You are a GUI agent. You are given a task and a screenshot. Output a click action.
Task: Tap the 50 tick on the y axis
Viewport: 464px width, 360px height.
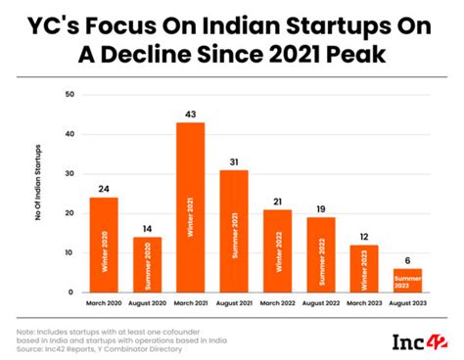[68, 95]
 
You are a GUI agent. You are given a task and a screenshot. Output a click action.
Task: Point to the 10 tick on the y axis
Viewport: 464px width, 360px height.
[68, 252]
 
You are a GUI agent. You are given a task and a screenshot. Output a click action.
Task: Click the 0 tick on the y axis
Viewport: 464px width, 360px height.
[70, 292]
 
